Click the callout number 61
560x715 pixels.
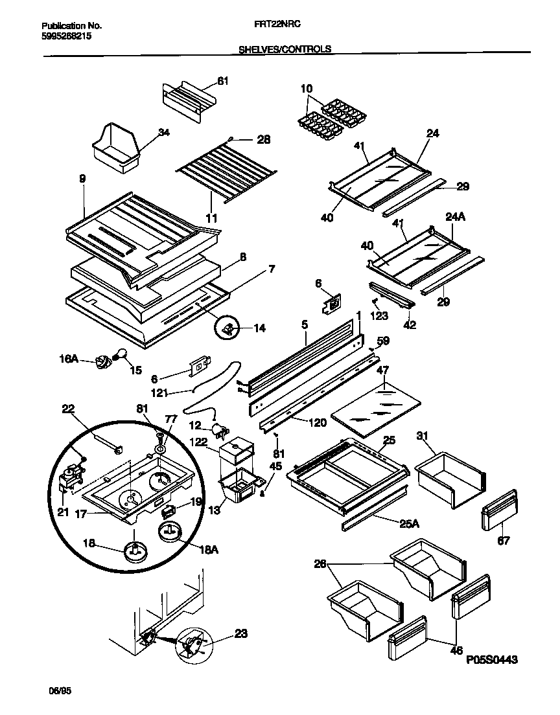click(x=223, y=81)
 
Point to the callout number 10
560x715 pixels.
click(x=307, y=87)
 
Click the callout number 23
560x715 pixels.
click(x=240, y=633)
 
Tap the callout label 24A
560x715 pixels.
click(x=456, y=217)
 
